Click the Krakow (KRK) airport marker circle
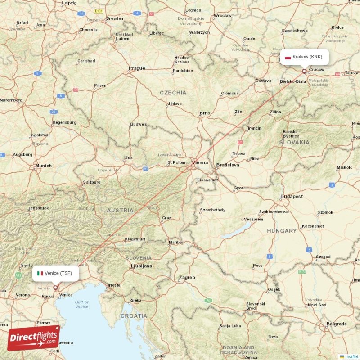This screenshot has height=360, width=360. pos(304,71)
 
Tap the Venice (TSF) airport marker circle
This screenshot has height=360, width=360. pos(56,287)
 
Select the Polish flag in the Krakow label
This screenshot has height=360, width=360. pos(288,57)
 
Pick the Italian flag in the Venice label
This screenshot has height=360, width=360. pos(40,273)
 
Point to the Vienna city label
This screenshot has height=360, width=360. pos(200,162)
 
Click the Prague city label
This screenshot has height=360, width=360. pos(137,68)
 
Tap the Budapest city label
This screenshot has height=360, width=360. pos(292,197)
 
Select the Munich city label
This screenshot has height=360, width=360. pos(44,166)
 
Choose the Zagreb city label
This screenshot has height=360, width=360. pos(187,278)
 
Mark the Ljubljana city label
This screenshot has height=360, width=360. pos(141,266)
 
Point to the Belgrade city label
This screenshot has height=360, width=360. pos(337,324)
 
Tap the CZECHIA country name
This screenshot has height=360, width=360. pos(173,93)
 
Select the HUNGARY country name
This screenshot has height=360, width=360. pos(281,231)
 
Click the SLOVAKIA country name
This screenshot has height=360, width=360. pos(294,142)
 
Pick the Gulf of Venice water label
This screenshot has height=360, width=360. pos(82,304)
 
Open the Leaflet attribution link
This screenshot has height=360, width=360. pos(351,356)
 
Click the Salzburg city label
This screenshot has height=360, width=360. pos(91,183)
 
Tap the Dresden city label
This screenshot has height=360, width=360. pos(114,19)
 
